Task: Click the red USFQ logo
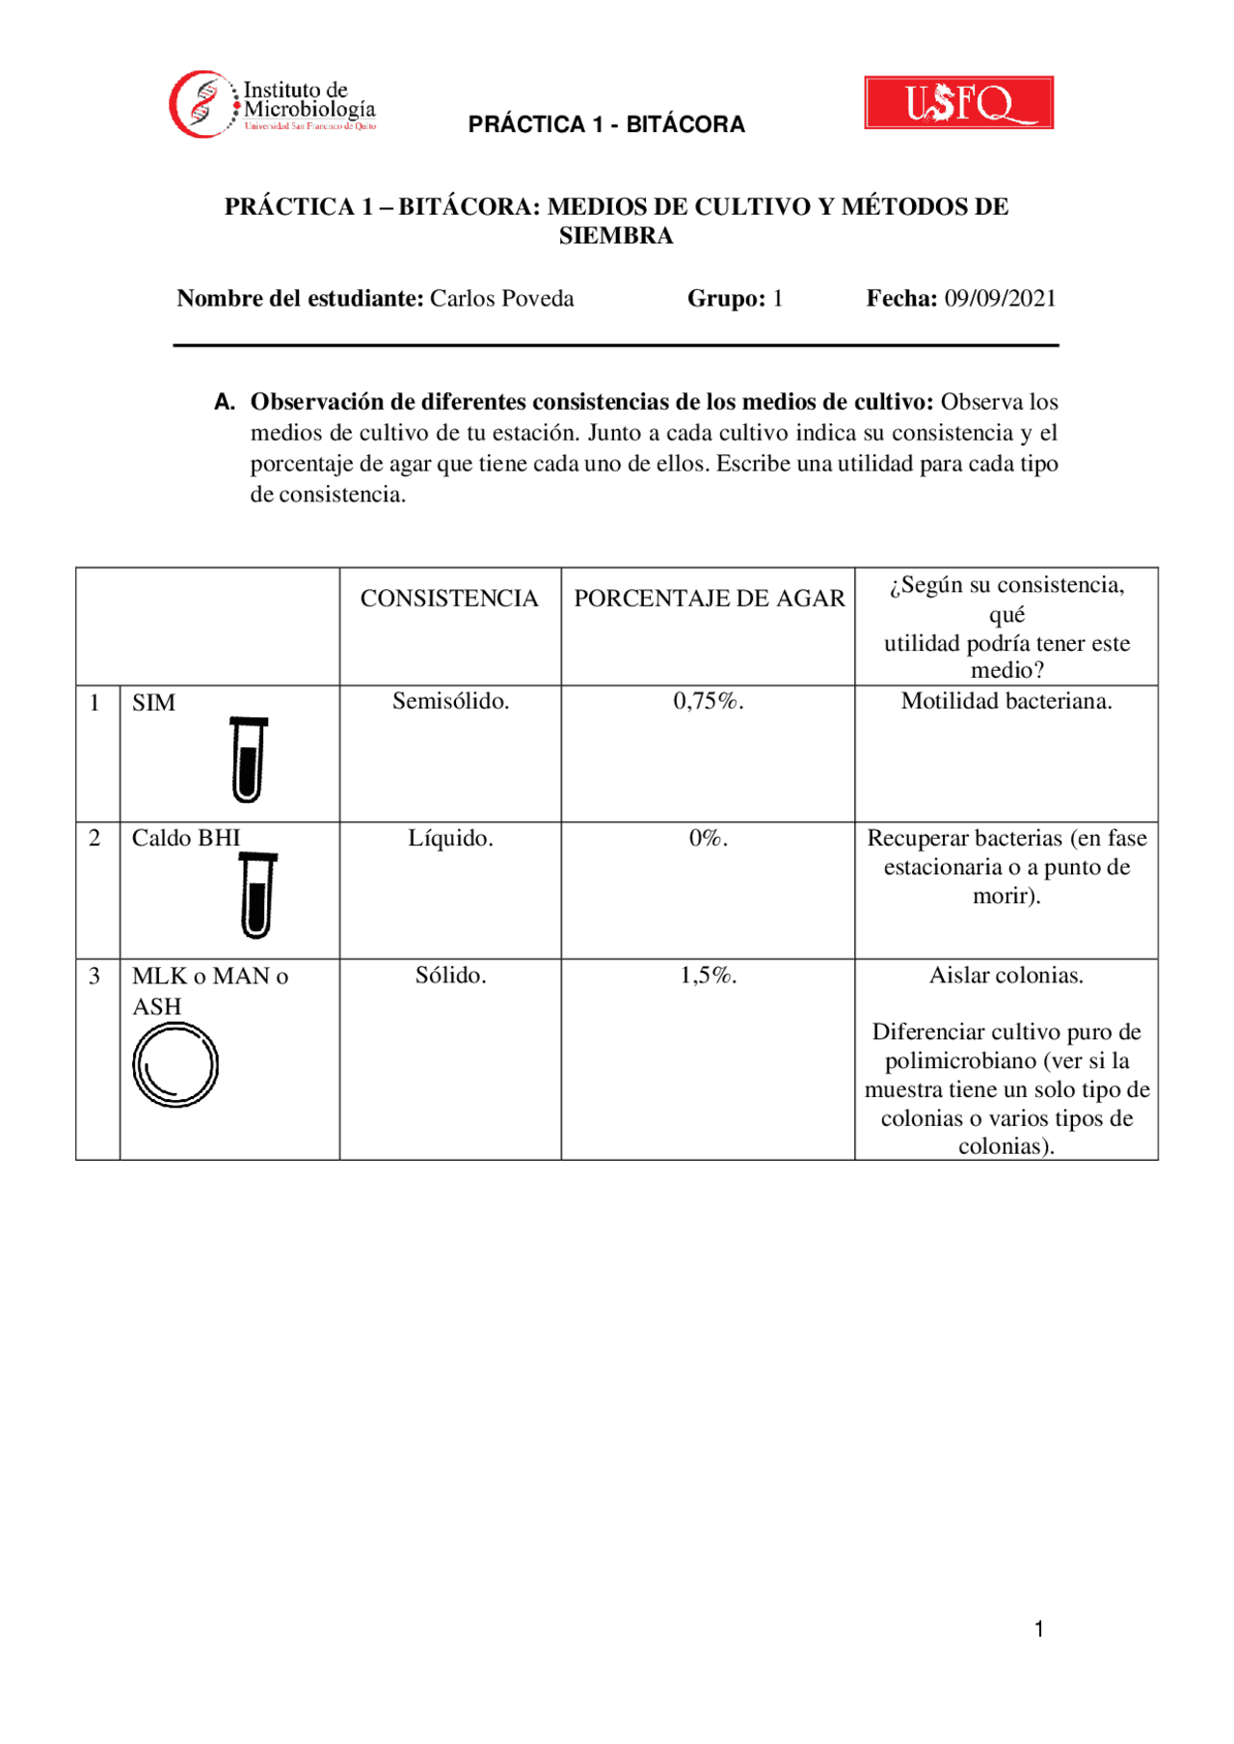(x=958, y=102)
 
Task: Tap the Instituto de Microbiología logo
(x=273, y=104)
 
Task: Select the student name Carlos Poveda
(x=501, y=299)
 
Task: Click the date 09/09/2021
(x=1000, y=299)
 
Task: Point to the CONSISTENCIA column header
(x=449, y=599)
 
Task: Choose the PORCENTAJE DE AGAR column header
(x=709, y=599)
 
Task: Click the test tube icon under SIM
(x=248, y=760)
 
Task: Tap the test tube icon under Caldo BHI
(x=257, y=896)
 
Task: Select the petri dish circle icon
(x=175, y=1065)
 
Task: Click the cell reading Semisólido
(x=450, y=702)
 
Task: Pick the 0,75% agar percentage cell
(x=709, y=702)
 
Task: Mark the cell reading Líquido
(x=450, y=839)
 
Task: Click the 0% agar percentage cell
(x=709, y=839)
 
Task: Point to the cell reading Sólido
(x=450, y=976)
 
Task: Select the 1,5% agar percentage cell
(x=709, y=976)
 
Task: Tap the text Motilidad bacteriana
(x=1006, y=702)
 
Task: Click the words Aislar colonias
(x=1006, y=976)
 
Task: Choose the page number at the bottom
(x=1039, y=1629)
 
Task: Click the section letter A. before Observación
(x=225, y=403)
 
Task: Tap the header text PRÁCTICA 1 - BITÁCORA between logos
(x=606, y=124)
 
